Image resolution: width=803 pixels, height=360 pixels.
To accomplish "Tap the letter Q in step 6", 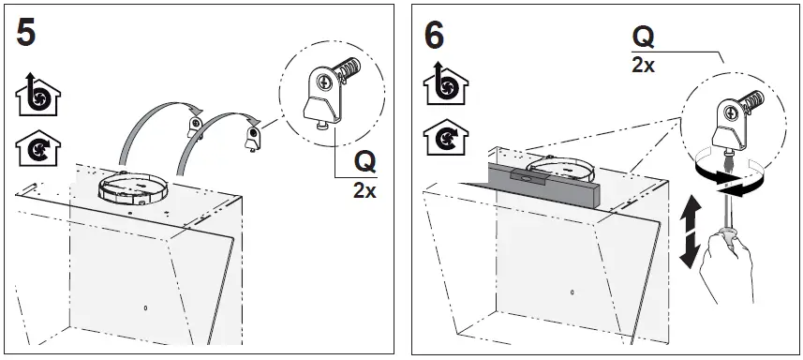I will tap(644, 37).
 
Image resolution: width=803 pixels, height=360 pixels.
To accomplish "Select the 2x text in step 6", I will tap(644, 66).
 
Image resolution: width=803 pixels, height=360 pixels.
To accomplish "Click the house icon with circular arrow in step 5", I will tap(33, 147).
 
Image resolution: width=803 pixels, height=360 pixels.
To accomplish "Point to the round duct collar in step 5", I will tap(134, 187).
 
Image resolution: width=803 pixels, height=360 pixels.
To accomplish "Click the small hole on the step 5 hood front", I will tap(145, 307).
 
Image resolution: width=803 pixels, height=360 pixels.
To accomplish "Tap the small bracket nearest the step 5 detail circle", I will tap(251, 138).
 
